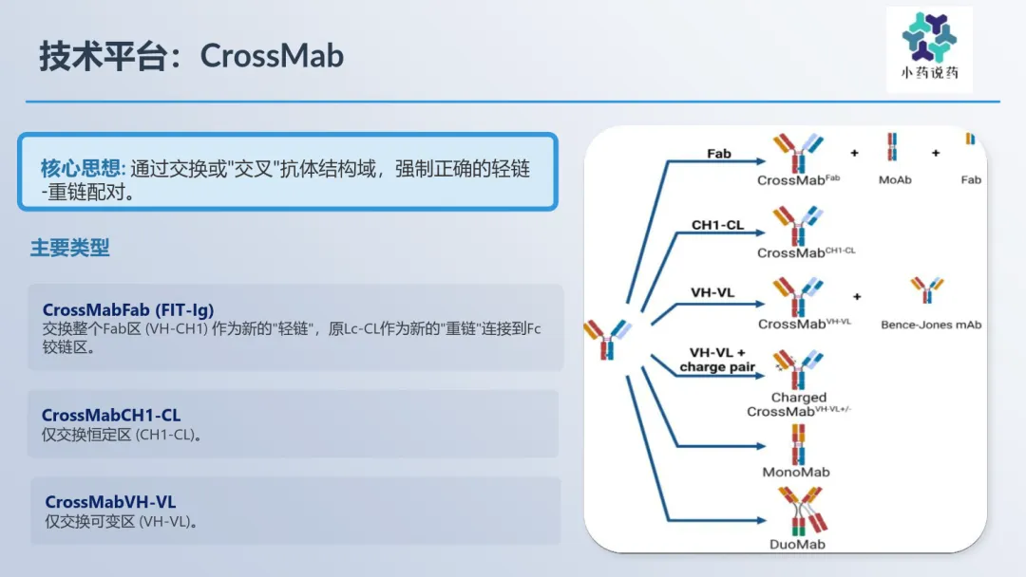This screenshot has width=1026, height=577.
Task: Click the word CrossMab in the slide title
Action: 272,56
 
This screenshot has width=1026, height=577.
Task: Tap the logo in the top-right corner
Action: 929,49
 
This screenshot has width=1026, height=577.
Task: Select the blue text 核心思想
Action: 83,169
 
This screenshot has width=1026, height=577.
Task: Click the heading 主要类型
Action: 70,248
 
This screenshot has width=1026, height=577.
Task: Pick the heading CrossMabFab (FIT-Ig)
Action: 128,309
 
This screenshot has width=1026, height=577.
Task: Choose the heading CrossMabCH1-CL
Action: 111,415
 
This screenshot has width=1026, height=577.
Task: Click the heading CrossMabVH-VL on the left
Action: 110,502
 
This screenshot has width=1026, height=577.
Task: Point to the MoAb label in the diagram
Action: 895,179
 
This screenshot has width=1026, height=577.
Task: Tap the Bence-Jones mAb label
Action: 931,325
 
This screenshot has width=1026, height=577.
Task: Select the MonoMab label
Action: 796,472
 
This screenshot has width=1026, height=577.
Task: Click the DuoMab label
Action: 797,545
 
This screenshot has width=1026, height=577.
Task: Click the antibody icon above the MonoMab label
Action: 798,444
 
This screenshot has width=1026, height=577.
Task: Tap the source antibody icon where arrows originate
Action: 608,339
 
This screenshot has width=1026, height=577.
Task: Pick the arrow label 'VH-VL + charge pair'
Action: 717,360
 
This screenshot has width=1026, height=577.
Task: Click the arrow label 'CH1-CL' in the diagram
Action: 718,225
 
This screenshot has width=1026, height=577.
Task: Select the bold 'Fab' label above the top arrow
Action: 718,154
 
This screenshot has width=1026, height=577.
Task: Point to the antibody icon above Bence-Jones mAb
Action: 927,290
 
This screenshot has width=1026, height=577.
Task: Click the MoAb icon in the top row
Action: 892,147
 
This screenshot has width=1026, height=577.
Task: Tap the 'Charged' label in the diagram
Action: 798,398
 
